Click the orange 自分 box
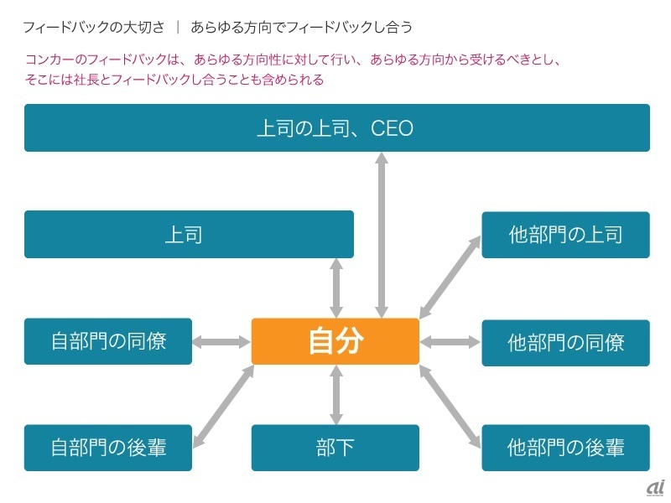335,341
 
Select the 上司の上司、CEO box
336,128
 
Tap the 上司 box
189,234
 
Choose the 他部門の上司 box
565,234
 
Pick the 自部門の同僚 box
108,341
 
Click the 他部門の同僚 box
565,342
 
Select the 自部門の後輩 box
108,448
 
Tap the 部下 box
335,448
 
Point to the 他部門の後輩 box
565,448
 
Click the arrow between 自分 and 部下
336,395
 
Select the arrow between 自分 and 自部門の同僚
221,342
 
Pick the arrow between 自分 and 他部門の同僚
450,342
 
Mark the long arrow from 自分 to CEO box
382,235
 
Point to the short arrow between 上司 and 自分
336,288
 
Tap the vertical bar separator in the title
178,27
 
